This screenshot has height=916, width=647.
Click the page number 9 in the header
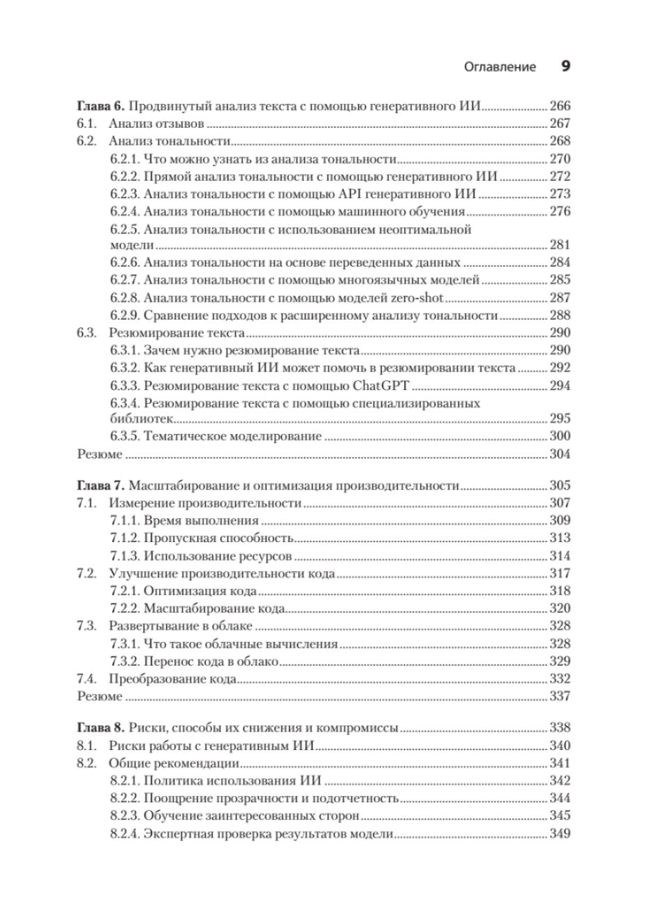[x=565, y=67]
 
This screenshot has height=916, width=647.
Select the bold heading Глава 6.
[x=100, y=107]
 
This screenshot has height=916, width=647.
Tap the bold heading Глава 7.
[x=100, y=486]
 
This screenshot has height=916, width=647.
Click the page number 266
[x=560, y=107]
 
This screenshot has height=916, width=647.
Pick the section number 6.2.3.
[x=126, y=193]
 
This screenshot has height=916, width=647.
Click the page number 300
[x=560, y=437]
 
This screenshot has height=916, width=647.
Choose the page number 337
[x=560, y=696]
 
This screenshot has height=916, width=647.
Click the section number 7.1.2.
[x=126, y=538]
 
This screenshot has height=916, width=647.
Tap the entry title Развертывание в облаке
[x=181, y=626]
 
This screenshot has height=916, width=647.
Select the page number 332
[x=560, y=678]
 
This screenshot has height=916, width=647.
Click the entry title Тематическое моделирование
[x=233, y=437]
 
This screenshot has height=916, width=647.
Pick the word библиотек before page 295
[x=142, y=419]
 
